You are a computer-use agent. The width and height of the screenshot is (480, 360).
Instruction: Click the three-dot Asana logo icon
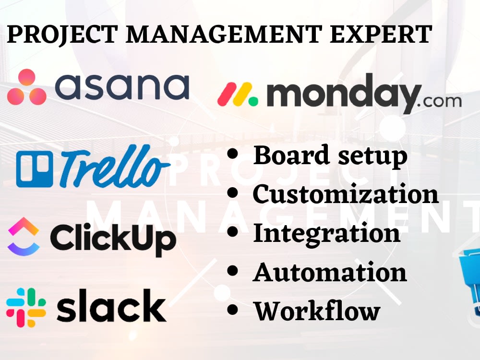point(26,87)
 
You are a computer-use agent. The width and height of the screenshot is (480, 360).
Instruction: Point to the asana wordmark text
point(123,87)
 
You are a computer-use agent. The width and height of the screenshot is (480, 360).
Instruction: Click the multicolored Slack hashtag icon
point(26,307)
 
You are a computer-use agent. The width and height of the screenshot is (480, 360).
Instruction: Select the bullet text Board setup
point(330,156)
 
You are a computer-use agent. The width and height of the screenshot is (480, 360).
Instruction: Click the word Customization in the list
point(346,194)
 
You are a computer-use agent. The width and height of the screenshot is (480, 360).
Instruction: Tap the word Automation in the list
point(330,272)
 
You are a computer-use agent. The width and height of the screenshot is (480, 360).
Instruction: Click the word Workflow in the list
point(317,311)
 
